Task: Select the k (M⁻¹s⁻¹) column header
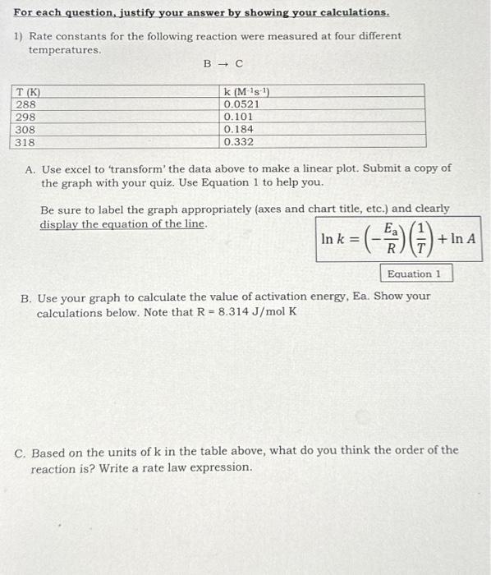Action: [x=245, y=93]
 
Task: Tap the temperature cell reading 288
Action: [x=25, y=105]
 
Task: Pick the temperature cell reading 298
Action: [x=25, y=117]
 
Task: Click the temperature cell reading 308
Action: [x=25, y=130]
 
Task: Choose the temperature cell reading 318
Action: [x=25, y=142]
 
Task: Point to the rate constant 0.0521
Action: [x=241, y=105]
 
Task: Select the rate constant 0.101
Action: [x=238, y=117]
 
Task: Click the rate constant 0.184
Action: [x=238, y=130]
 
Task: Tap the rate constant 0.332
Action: [x=238, y=142]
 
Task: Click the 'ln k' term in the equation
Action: [x=332, y=239]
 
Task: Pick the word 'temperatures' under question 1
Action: [x=65, y=50]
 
